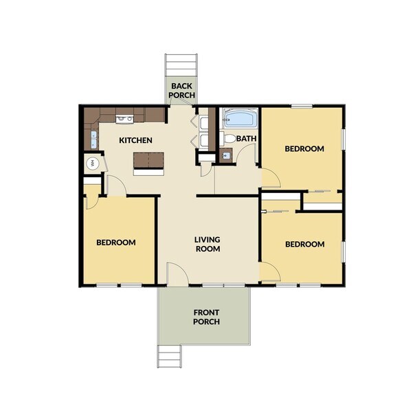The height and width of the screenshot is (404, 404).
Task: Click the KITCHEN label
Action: pos(136,141)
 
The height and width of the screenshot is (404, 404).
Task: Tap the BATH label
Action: pos(246,139)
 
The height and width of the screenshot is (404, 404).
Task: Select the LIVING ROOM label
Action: pos(207,244)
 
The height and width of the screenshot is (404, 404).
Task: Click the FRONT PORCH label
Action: pos(206,317)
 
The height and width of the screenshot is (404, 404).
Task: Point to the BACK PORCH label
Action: pos(182,91)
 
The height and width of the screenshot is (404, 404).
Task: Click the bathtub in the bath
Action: pos(239,119)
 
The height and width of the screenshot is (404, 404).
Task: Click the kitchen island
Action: pos(149,161)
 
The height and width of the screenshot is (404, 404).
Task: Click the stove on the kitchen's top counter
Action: pos(124,119)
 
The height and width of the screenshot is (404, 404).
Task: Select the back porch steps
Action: pos(181,66)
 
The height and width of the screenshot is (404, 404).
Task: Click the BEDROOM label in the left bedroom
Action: pos(115,243)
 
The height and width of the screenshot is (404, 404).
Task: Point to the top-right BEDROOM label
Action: pos(304,149)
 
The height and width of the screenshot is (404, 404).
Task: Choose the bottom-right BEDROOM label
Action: pos(304,244)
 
